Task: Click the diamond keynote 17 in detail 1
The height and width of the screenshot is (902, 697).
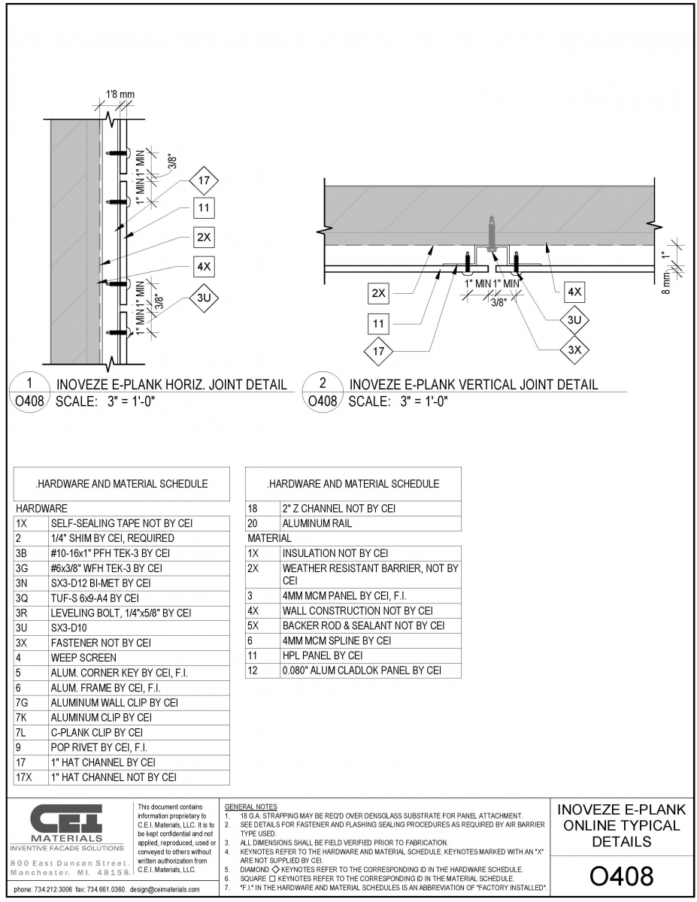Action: pyautogui.click(x=204, y=180)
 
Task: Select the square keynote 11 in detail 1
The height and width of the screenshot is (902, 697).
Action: pyautogui.click(x=204, y=207)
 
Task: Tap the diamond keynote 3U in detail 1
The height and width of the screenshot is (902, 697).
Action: pyautogui.click(x=204, y=298)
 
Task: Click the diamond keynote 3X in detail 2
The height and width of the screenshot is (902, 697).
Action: pyautogui.click(x=574, y=350)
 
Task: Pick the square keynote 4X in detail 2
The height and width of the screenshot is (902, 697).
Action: pyautogui.click(x=574, y=292)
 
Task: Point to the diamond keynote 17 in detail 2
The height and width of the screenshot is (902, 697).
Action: pyautogui.click(x=378, y=352)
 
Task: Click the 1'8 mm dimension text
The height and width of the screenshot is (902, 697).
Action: pyautogui.click(x=120, y=94)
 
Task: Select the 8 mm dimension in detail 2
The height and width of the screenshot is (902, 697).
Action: pyautogui.click(x=666, y=283)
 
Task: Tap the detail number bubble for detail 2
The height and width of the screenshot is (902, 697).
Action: pyautogui.click(x=323, y=392)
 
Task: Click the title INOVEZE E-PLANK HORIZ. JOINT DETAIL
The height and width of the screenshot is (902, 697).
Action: pyautogui.click(x=171, y=384)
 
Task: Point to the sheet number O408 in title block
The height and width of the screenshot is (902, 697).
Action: pyautogui.click(x=622, y=876)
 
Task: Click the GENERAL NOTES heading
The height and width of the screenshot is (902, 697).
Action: pyautogui.click(x=250, y=807)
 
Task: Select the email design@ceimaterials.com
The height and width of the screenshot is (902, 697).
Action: pyautogui.click(x=165, y=889)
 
